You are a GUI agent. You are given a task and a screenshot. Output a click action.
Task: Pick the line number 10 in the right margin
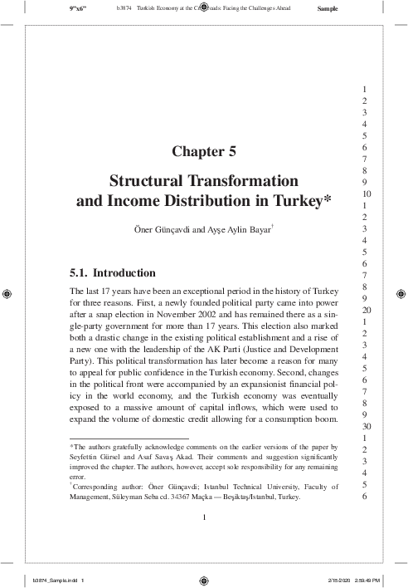(x=366, y=194)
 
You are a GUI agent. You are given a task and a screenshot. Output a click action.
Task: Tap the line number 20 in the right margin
(x=366, y=309)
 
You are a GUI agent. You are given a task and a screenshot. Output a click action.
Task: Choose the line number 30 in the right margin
(x=366, y=425)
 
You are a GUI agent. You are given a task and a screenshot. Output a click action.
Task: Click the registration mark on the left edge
(x=7, y=293)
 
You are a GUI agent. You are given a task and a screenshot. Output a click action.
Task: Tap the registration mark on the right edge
(x=401, y=293)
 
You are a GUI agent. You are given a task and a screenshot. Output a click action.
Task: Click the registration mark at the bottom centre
(x=203, y=578)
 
